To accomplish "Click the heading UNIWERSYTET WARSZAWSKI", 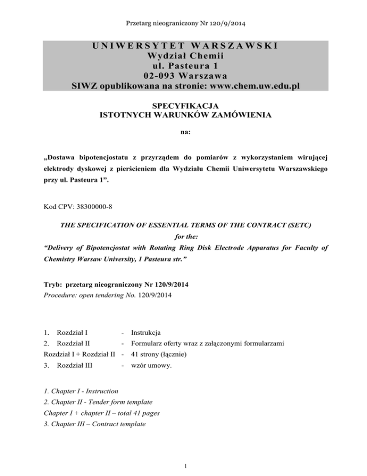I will pyautogui.click(x=183, y=46).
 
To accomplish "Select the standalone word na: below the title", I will pyautogui.click(x=183, y=130).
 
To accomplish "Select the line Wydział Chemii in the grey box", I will pyautogui.click(x=183, y=56).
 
